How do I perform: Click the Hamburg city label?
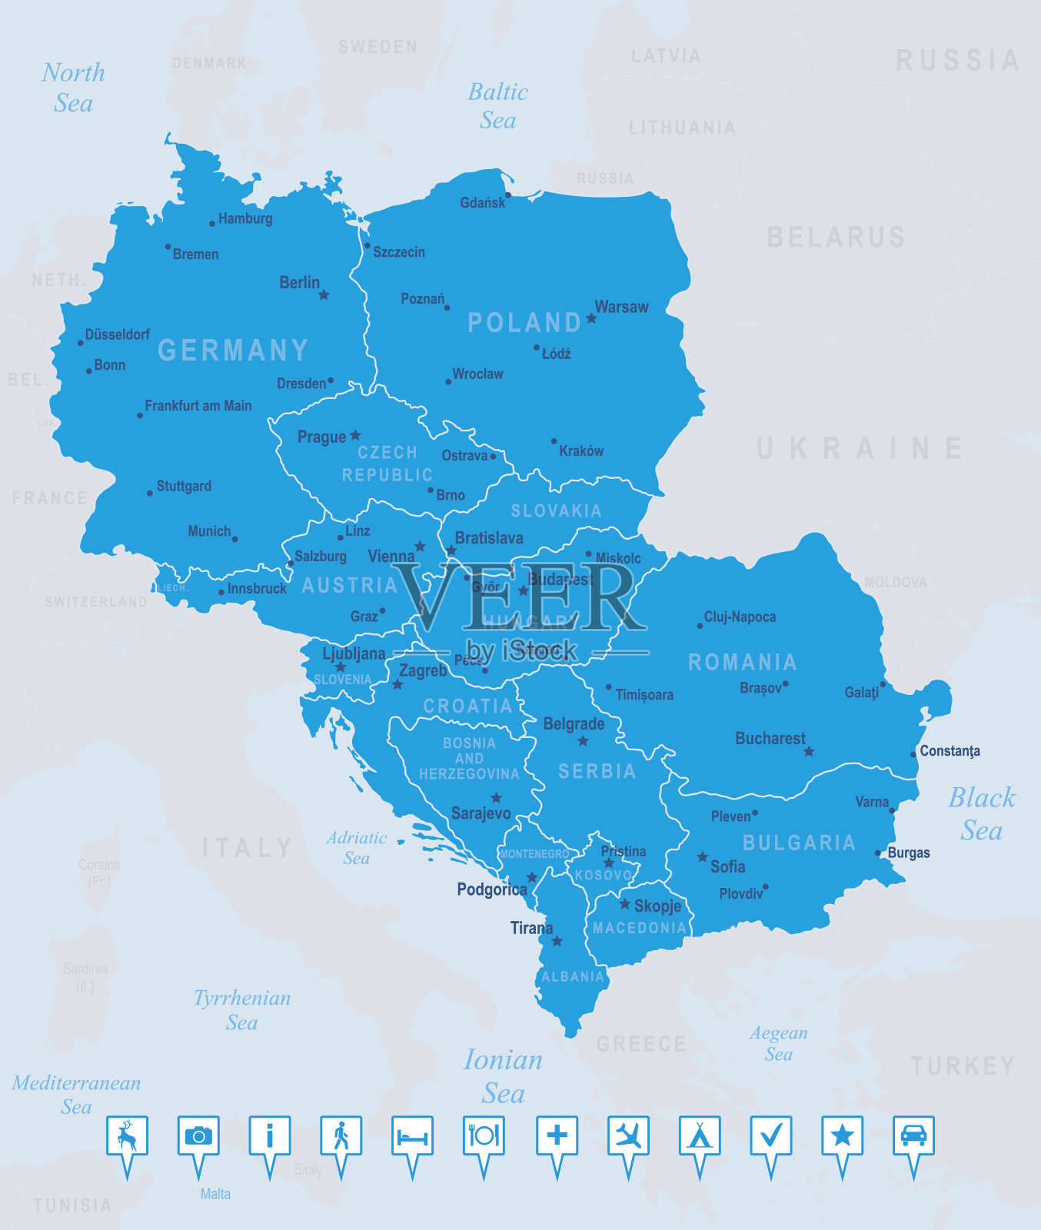pyautogui.click(x=245, y=218)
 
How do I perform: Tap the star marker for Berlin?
pyautogui.click(x=324, y=294)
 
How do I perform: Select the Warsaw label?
pyautogui.click(x=621, y=307)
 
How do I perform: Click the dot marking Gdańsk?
pyautogui.click(x=507, y=195)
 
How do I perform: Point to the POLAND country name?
pyautogui.click(x=524, y=322)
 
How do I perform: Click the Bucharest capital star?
pyautogui.click(x=809, y=751)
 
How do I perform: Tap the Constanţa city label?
pyautogui.click(x=950, y=751)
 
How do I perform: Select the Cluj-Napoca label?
pyautogui.click(x=740, y=617)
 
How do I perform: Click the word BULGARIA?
pyautogui.click(x=799, y=843)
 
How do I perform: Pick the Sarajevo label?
pyautogui.click(x=481, y=813)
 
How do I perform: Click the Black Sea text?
pyautogui.click(x=982, y=814)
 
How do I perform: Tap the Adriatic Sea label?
pyautogui.click(x=356, y=848)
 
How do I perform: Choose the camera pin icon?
pyautogui.click(x=198, y=1136)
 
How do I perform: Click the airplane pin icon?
pyautogui.click(x=628, y=1136)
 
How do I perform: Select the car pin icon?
pyautogui.click(x=913, y=1136)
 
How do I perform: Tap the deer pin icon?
pyautogui.click(x=127, y=1136)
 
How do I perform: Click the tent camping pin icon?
pyautogui.click(x=700, y=1136)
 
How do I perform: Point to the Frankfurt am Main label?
pyautogui.click(x=198, y=405)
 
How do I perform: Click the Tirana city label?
pyautogui.click(x=531, y=928)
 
